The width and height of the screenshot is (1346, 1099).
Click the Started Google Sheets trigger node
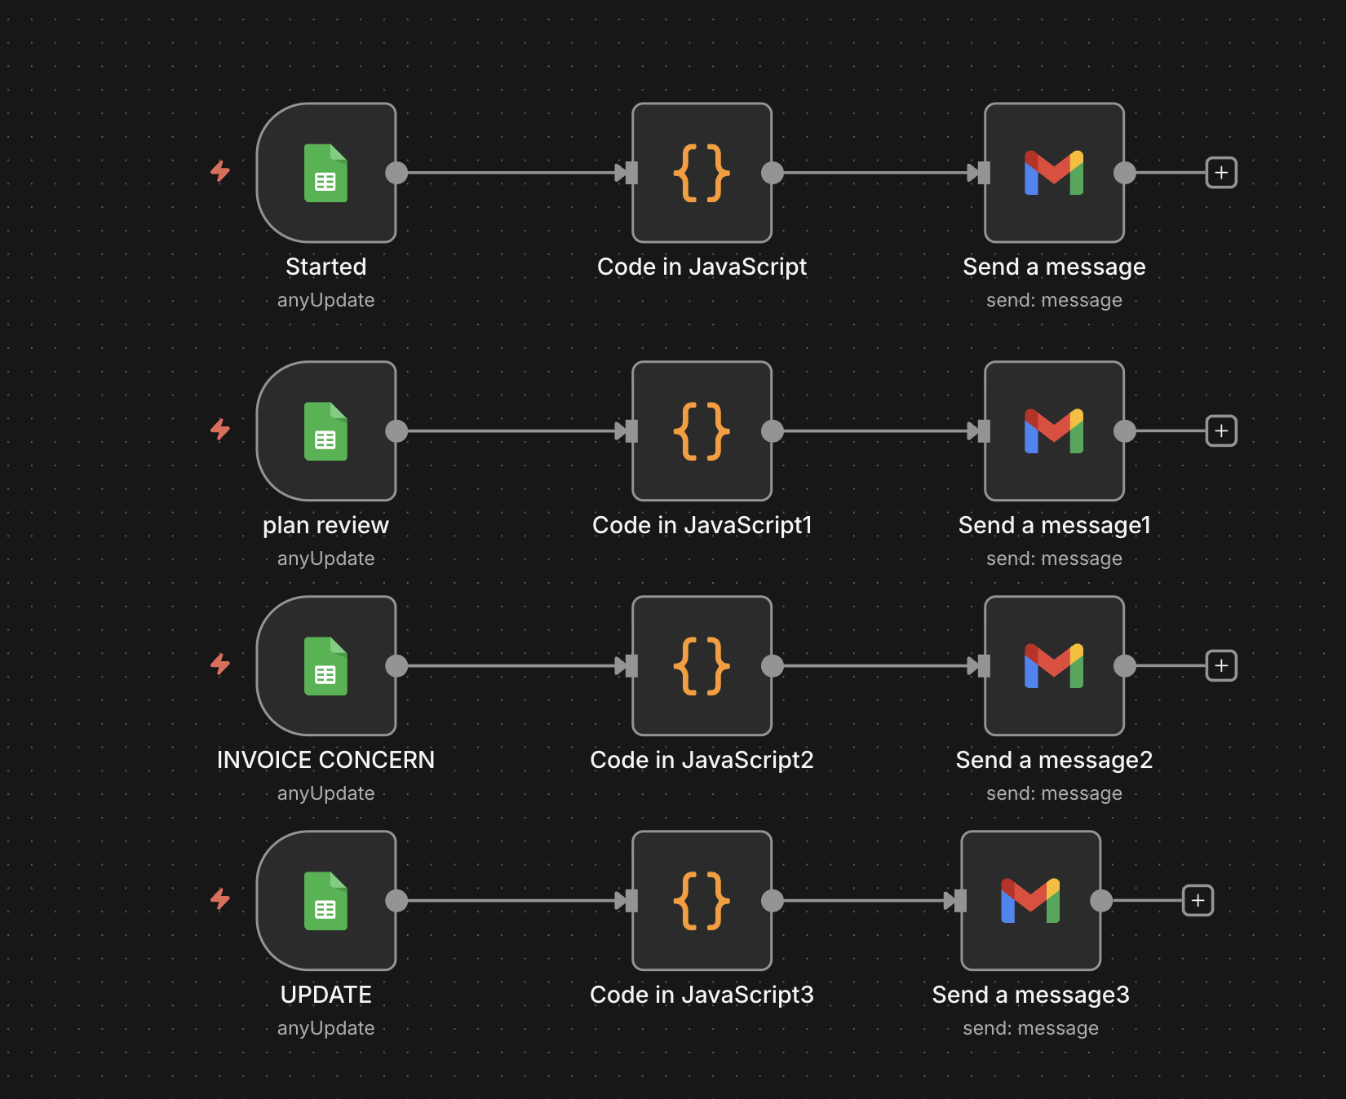click(x=326, y=173)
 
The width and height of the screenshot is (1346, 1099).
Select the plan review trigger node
click(x=326, y=431)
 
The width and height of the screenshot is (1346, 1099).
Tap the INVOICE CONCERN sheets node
click(x=326, y=666)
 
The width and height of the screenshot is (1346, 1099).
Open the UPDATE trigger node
click(x=326, y=901)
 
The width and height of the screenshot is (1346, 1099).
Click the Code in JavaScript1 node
click(x=702, y=431)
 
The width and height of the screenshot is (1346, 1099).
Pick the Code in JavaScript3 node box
click(x=702, y=901)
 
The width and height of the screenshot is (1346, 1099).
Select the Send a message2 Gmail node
click(x=1055, y=666)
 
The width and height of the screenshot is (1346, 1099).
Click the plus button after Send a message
click(x=1221, y=173)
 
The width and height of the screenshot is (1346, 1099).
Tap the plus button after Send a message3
click(x=1198, y=901)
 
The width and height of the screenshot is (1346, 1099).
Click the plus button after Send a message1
click(x=1221, y=431)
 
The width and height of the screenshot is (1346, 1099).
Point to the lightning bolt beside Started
click(x=220, y=171)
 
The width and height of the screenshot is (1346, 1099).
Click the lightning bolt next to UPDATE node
click(x=220, y=899)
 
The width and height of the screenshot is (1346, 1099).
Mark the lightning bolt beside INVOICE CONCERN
click(x=220, y=664)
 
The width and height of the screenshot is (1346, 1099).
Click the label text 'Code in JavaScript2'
click(x=702, y=760)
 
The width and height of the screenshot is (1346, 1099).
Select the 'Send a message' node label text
click(x=1055, y=267)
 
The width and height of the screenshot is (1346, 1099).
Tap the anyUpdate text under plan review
click(x=326, y=558)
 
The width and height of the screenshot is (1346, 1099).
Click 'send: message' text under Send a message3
click(x=1031, y=1028)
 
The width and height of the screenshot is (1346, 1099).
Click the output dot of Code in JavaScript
click(x=773, y=173)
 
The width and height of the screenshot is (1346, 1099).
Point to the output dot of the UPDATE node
click(x=396, y=901)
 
